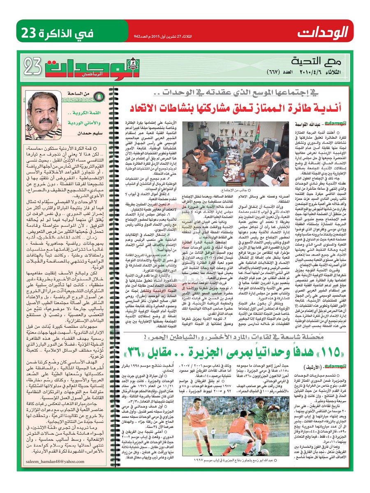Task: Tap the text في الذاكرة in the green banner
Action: tap(74, 32)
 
